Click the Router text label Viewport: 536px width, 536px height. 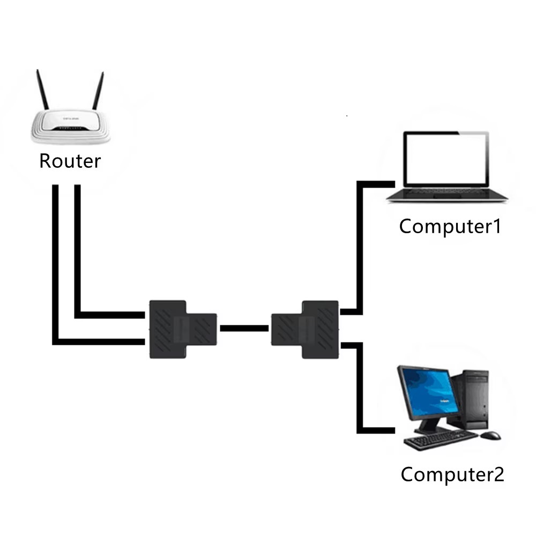coord(70,161)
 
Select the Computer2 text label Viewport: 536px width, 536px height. coord(452,474)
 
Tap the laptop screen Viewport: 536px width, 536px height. coord(446,159)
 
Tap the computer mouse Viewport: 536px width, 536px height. coord(490,435)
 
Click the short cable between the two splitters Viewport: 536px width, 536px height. coord(244,329)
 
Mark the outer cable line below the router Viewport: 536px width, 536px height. coord(55,268)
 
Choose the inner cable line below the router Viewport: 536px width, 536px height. coord(78,252)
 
